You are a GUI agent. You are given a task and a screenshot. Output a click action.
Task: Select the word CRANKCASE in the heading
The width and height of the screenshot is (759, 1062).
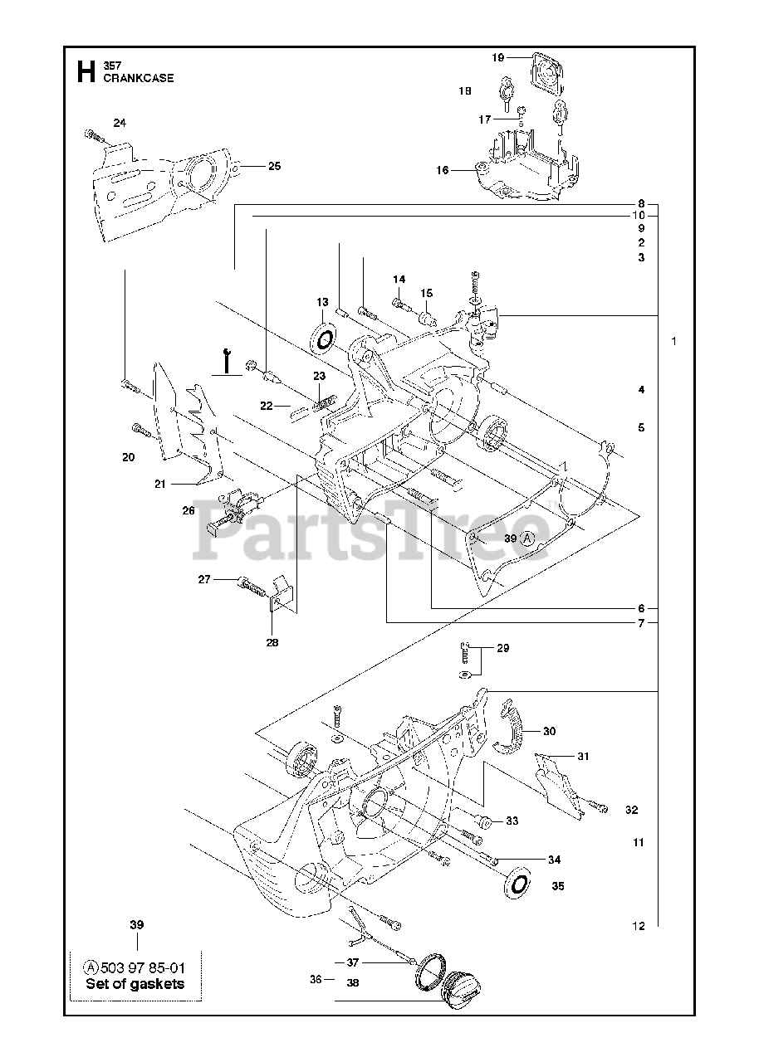pos(139,78)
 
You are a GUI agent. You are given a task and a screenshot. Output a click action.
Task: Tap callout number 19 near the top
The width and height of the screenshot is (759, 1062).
pos(498,57)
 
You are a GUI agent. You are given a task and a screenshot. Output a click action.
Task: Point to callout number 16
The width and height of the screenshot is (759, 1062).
pos(443,170)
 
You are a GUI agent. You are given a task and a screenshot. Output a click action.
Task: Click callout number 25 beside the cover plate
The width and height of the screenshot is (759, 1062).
pos(274,166)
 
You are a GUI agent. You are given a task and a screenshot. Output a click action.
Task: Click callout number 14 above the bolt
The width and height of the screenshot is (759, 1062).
pos(399,279)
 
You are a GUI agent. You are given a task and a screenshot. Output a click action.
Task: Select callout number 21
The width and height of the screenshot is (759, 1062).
pos(160,484)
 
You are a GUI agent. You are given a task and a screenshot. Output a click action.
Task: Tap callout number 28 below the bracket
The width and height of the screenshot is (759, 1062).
pos(272,641)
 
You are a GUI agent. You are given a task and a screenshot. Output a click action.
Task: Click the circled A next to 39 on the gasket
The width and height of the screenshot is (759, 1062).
pos(527,539)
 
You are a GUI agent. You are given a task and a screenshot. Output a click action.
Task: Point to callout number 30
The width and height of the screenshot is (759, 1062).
pos(550,731)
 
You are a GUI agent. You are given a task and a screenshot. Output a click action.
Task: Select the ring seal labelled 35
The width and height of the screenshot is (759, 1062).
pos(519,881)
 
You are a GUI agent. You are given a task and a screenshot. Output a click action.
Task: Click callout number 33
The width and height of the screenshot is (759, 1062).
pos(512,821)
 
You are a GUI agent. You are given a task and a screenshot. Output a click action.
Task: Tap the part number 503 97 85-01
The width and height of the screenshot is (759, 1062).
pos(143,967)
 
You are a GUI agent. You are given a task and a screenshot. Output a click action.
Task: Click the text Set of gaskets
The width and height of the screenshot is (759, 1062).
pos(135,984)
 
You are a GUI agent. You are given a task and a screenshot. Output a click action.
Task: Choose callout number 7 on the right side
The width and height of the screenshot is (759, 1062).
pos(641,623)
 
